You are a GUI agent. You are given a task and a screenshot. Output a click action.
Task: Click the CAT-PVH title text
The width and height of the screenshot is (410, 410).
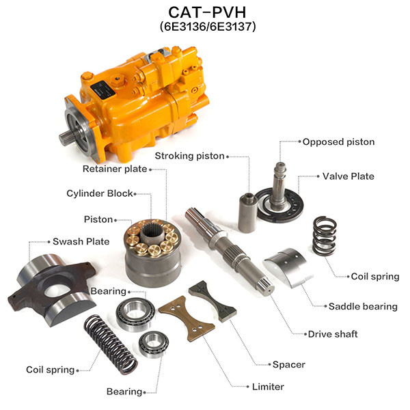pyautogui.click(x=207, y=12)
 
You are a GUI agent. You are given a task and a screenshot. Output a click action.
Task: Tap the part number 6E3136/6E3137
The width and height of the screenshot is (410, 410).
pyautogui.click(x=208, y=27)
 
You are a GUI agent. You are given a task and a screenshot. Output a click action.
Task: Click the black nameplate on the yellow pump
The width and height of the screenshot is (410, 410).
pyautogui.click(x=102, y=90)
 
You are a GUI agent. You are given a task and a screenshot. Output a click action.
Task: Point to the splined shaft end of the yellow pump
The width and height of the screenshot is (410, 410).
pyautogui.click(x=66, y=138)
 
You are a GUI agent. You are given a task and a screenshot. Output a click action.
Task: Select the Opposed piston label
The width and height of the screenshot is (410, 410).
pyautogui.click(x=338, y=142)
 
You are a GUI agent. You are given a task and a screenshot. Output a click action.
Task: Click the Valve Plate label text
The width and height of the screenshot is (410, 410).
pyautogui.click(x=348, y=176)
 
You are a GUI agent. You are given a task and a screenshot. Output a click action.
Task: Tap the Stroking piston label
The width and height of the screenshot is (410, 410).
pyautogui.click(x=189, y=156)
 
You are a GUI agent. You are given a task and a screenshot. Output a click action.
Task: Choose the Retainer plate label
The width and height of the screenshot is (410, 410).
pyautogui.click(x=115, y=169)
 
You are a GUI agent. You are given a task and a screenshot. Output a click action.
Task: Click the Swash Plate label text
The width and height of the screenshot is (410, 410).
pyautogui.click(x=81, y=241)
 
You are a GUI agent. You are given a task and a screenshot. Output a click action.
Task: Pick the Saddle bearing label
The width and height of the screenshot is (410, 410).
pyautogui.click(x=363, y=306)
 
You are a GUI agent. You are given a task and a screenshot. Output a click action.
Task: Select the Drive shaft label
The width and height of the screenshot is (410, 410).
pyautogui.click(x=333, y=334)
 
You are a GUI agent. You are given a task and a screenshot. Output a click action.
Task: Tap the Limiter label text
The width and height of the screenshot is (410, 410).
pyautogui.click(x=268, y=387)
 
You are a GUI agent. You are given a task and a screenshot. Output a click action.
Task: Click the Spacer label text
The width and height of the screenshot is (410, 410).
pyautogui.click(x=288, y=364)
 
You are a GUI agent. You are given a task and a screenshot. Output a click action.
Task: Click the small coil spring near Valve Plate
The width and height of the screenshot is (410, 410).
pyautogui.click(x=324, y=236)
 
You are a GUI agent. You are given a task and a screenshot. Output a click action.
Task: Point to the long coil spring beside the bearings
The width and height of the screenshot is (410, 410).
pyautogui.click(x=110, y=344)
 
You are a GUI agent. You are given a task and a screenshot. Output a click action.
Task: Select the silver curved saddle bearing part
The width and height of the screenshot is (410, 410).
pyautogui.click(x=289, y=267)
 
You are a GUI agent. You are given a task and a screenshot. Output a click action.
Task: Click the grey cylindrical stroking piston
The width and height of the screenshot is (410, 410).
pyautogui.click(x=247, y=213)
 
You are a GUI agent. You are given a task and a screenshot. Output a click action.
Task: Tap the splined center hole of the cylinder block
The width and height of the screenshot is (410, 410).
pyautogui.click(x=152, y=232)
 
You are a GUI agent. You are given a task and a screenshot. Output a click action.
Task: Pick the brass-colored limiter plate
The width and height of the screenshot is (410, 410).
pyautogui.click(x=187, y=318)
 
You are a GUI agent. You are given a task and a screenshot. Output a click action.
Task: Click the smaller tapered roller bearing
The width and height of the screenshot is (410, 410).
pyautogui.click(x=154, y=344)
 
